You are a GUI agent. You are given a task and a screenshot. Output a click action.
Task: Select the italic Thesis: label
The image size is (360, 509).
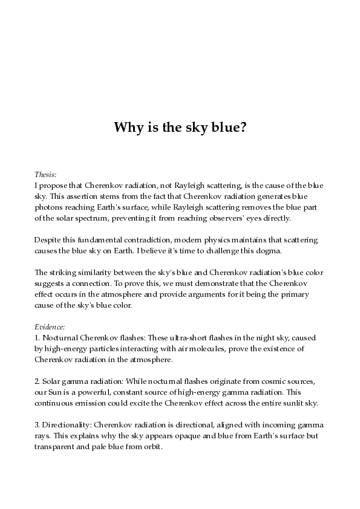46,173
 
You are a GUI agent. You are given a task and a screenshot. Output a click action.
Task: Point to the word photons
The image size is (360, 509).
50,207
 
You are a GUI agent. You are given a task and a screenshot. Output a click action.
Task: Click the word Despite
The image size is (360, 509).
47,240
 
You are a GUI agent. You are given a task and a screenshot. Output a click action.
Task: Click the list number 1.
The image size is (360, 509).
37,337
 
